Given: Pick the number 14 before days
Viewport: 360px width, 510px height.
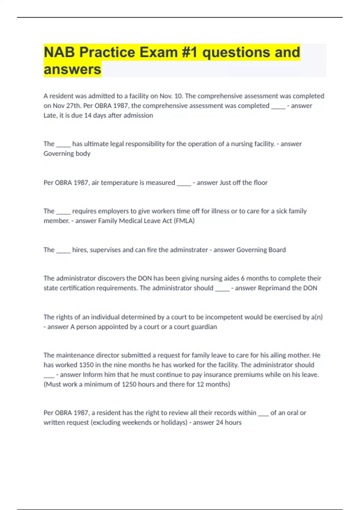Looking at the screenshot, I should tap(88, 115).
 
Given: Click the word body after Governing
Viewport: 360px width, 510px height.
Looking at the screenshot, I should tap(83, 154).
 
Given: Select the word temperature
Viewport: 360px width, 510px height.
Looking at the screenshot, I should tap(118, 182).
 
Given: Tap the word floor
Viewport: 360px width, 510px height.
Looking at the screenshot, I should tap(260, 182).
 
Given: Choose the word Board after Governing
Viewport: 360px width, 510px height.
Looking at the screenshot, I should tap(276, 250).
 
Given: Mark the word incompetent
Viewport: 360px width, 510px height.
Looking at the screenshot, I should tap(224, 317).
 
